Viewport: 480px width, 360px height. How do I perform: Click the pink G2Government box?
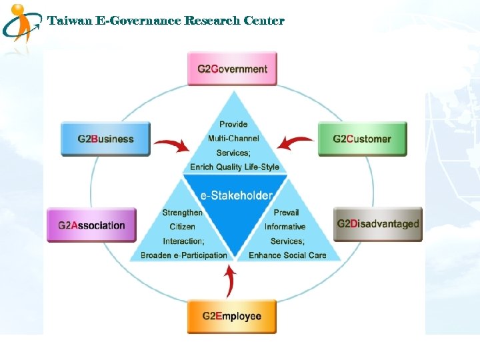232,69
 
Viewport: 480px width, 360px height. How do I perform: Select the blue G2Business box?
105,139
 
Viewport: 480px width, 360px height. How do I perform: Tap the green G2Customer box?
362,139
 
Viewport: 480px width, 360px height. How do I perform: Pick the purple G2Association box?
91,225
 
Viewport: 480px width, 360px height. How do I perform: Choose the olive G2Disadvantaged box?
378,224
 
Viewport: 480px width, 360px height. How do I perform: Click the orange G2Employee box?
232,316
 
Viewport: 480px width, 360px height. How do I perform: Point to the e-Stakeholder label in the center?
236,195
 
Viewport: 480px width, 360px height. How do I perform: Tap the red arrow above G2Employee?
230,281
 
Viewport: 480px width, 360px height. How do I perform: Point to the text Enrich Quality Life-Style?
234,167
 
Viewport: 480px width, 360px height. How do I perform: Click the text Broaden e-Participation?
183,255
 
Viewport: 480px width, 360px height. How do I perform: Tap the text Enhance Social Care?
287,255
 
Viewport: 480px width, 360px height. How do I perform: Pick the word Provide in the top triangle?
233,124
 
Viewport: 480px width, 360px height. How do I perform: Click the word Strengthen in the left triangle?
182,213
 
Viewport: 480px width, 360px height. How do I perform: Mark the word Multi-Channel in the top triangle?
233,138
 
